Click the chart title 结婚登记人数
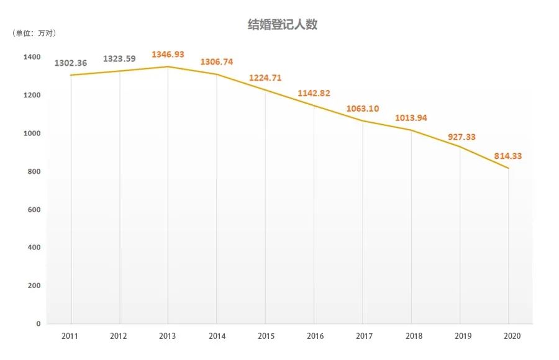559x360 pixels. pos(283,25)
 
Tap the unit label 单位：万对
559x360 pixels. pos(34,33)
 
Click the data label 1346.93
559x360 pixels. pos(168,54)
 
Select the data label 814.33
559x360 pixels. pos(507,156)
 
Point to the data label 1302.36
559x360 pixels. pos(71,63)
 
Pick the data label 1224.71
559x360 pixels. pos(265,78)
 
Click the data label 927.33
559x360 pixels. pos(461,137)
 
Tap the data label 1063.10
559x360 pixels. pos(363,109)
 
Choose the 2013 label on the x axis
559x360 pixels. pos(167,336)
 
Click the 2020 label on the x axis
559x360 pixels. pos(512,336)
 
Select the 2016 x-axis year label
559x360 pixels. pos(315,336)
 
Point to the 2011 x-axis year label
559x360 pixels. pos(70,336)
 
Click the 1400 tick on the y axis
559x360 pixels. pos(32,57)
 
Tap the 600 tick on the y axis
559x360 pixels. pos(34,210)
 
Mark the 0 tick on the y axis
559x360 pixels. pos(39,323)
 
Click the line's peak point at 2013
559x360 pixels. pos(168,66)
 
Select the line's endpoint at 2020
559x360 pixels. pos(508,168)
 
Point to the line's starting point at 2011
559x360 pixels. pos(71,75)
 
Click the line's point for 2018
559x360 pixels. pos(411,130)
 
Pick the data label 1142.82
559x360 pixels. pos(314,93)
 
